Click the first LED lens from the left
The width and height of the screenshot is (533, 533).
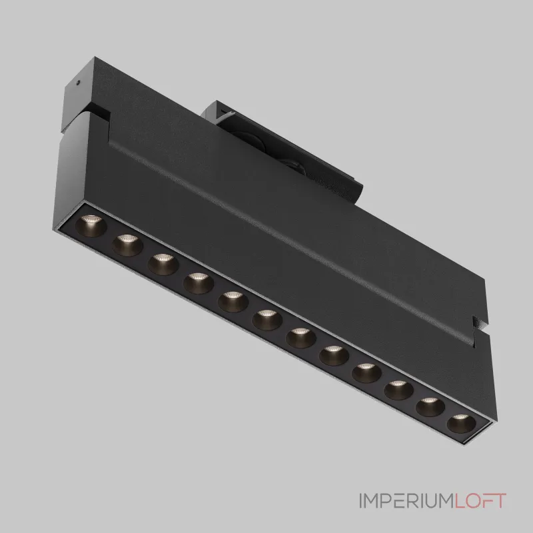point(91,225)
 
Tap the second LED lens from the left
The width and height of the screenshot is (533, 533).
point(127,245)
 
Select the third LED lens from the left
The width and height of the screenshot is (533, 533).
point(163,264)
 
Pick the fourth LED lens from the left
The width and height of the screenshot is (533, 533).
point(199,282)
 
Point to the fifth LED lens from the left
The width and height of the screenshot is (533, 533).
point(233,302)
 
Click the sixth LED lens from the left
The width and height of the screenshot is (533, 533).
point(267,320)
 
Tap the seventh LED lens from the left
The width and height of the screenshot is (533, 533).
point(301,338)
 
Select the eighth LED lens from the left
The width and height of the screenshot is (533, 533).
point(334,356)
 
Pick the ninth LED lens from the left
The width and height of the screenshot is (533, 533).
point(366,373)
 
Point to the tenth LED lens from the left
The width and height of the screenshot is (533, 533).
point(398,390)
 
